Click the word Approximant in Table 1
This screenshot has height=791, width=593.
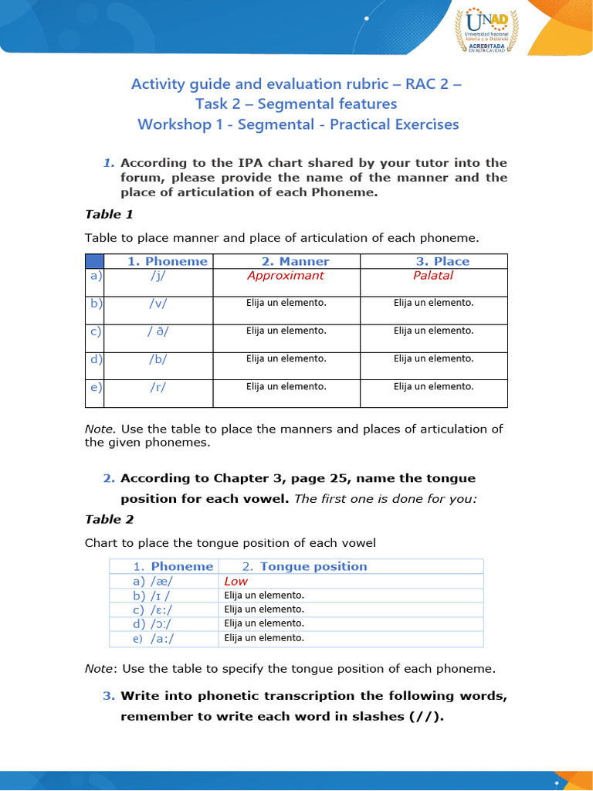[286, 276]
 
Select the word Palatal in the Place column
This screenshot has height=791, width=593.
[433, 276]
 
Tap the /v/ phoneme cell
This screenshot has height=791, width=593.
[159, 304]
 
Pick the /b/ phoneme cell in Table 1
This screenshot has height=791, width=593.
[159, 359]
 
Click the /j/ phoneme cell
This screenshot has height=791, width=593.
[159, 276]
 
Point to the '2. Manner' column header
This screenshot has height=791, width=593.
[286, 261]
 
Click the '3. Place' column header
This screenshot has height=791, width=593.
[433, 261]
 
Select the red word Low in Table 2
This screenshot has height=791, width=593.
[236, 581]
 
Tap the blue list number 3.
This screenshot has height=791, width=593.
[108, 696]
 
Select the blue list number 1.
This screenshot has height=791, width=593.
[108, 163]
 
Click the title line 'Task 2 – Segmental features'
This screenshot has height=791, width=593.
[297, 104]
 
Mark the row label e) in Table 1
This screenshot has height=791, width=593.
[96, 387]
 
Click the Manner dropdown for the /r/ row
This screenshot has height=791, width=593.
[286, 386]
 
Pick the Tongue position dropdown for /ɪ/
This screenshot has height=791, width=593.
[264, 596]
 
